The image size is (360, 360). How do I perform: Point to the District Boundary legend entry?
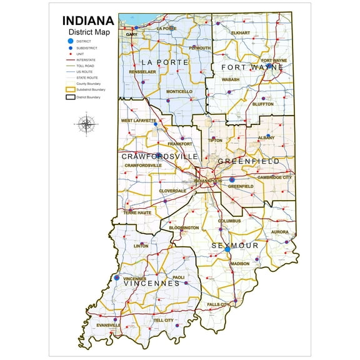tap(88, 97)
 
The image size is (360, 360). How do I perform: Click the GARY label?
tap(131, 34)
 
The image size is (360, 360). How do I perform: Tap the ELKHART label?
tap(240, 32)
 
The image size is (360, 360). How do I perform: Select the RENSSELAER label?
tap(142, 72)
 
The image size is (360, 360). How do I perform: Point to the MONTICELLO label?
tap(179, 91)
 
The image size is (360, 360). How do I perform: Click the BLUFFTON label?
tap(262, 104)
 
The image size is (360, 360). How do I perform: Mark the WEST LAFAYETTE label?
tap(139, 120)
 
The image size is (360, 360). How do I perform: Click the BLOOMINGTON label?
tap(184, 227)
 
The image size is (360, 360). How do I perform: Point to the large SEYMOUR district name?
tap(234, 246)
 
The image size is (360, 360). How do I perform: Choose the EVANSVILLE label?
tap(109, 325)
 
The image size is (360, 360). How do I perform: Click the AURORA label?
tap(279, 232)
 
